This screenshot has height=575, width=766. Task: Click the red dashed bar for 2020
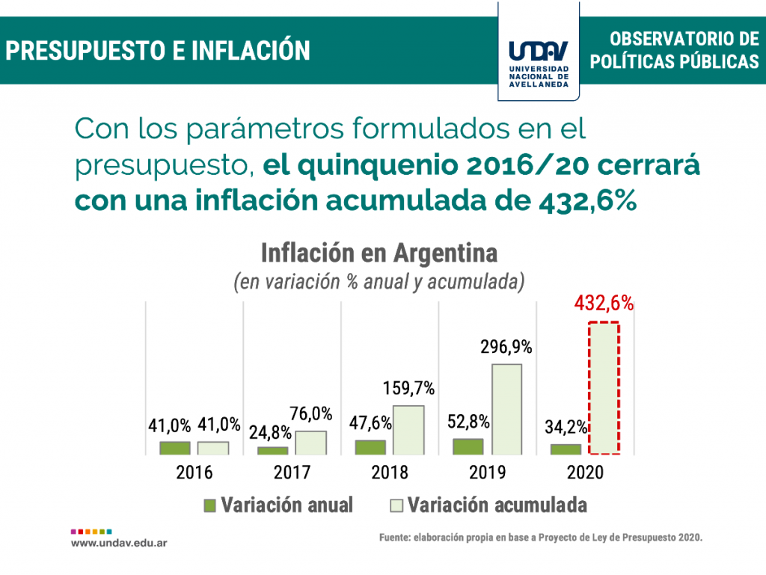[x=603, y=387]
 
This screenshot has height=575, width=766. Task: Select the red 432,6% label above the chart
[x=604, y=304]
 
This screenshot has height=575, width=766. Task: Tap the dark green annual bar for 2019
[x=468, y=446]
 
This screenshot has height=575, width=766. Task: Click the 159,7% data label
[x=408, y=389]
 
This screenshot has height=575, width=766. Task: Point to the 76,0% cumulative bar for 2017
[x=310, y=443]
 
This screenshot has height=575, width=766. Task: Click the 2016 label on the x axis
[x=194, y=473]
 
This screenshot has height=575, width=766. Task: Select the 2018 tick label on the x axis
[x=390, y=473]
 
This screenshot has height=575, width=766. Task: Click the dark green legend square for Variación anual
[x=210, y=505]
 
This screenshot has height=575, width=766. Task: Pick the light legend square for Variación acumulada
[x=396, y=505]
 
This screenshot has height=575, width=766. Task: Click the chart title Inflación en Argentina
[x=379, y=253]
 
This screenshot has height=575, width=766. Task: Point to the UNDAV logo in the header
[x=539, y=60]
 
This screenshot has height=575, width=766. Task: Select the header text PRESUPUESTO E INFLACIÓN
[x=158, y=51]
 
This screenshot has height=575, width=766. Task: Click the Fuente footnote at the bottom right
[x=542, y=538]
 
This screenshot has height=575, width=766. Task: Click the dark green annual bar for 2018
[x=370, y=447]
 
